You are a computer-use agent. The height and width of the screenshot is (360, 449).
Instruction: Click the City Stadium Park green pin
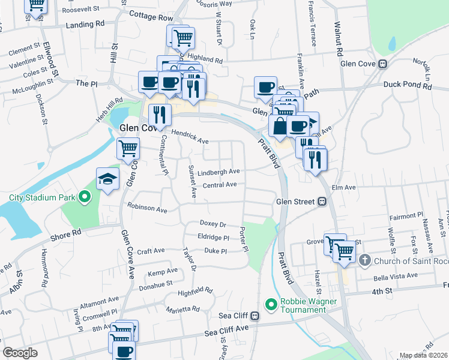tap(85, 196)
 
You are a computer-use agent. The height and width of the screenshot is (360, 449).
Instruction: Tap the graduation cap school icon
tap(108, 178)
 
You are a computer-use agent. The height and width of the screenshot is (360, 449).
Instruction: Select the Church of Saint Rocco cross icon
tap(365, 260)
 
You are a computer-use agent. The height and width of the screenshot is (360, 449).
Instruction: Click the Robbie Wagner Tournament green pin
tap(271, 305)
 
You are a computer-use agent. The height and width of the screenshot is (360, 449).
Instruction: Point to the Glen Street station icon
tap(322, 202)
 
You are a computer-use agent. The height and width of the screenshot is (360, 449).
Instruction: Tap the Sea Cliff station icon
tap(255, 316)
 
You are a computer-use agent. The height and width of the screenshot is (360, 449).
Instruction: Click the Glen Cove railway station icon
tap(382, 64)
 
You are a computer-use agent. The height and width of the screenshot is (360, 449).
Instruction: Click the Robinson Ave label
tap(147, 209)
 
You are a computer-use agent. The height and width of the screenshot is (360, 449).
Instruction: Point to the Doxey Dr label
tap(213, 224)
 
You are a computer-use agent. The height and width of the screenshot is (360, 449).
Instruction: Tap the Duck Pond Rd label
tap(408, 86)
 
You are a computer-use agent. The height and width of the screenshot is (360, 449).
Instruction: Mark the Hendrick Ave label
tap(190, 137)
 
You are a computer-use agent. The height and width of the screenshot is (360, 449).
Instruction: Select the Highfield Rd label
tap(196, 292)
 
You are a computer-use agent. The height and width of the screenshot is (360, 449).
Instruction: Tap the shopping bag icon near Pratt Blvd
tap(280, 126)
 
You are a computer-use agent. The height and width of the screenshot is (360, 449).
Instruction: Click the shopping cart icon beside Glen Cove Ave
tap(128, 148)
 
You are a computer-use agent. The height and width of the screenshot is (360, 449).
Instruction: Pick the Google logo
tap(20, 353)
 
